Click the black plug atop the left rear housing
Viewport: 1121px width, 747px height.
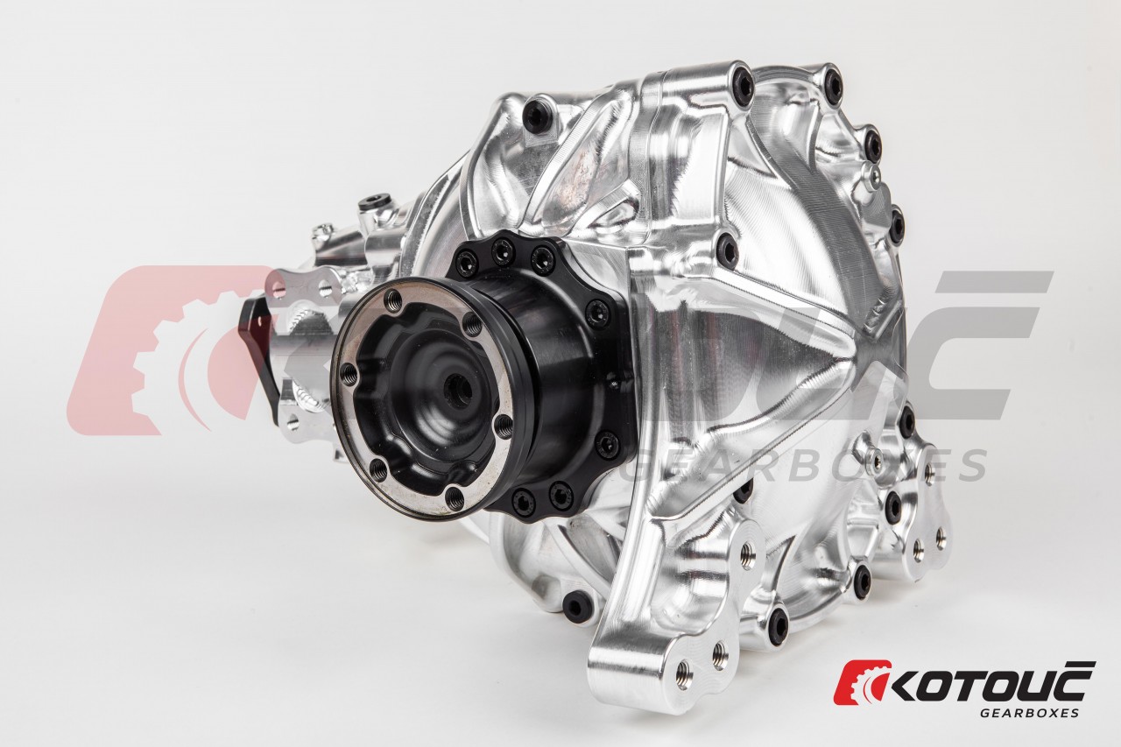(370, 205)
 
